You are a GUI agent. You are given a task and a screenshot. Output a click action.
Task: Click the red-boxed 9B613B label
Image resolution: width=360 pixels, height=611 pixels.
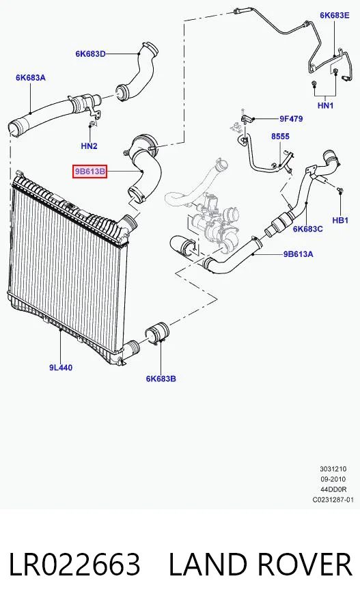click(x=89, y=171)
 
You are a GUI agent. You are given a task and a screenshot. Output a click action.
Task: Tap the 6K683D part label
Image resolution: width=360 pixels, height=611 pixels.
click(x=90, y=54)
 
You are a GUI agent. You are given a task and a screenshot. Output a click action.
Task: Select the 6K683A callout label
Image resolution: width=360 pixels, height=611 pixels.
click(x=31, y=77)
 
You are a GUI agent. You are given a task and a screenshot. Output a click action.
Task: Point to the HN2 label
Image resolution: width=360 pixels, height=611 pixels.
click(x=89, y=146)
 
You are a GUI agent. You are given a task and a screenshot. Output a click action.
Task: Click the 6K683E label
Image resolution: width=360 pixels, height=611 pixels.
click(x=334, y=15)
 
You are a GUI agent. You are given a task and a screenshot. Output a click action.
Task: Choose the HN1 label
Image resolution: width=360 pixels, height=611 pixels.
click(x=326, y=105)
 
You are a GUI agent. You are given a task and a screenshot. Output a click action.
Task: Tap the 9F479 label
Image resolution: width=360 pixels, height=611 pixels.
click(x=290, y=119)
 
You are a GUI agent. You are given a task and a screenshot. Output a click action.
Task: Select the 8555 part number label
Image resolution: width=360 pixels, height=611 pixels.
click(x=281, y=137)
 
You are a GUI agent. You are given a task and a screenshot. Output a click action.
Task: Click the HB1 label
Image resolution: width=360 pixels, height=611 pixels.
click(x=340, y=220)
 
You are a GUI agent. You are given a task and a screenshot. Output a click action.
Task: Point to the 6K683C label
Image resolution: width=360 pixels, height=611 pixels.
click(x=308, y=229)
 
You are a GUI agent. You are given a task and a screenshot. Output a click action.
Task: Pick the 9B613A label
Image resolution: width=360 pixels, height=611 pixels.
click(x=298, y=254)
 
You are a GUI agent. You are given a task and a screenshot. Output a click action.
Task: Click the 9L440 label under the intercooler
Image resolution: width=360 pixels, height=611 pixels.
click(x=61, y=367)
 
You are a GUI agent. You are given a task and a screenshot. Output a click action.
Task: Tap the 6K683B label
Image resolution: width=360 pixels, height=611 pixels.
click(x=161, y=379)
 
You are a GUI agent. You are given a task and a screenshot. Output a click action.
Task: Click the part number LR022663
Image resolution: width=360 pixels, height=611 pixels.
click(x=74, y=565)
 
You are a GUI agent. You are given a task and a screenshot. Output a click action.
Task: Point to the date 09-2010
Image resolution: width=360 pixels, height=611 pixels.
click(x=333, y=479)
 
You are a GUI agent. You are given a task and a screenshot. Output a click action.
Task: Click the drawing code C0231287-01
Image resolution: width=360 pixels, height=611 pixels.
click(x=333, y=499)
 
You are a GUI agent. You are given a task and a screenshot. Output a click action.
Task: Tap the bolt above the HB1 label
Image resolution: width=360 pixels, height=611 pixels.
click(x=340, y=190)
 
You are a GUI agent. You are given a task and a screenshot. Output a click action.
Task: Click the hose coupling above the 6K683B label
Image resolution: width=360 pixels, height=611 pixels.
click(x=156, y=334)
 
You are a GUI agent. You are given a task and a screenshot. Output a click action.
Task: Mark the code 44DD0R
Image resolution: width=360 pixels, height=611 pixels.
click(x=333, y=489)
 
